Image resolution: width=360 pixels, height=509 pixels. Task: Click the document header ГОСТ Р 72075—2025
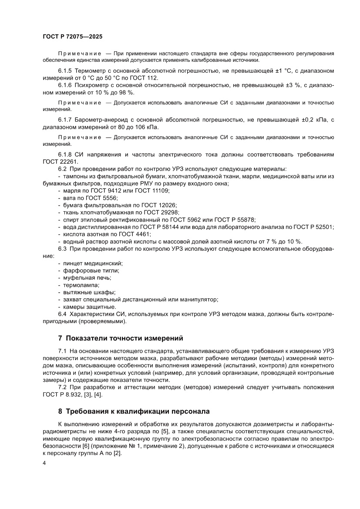[x=72, y=37]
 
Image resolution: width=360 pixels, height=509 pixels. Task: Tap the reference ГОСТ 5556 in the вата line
[x=94, y=197]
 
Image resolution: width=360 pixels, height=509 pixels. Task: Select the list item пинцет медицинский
[x=90, y=263]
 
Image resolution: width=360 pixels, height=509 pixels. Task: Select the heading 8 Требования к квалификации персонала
[x=134, y=411]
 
